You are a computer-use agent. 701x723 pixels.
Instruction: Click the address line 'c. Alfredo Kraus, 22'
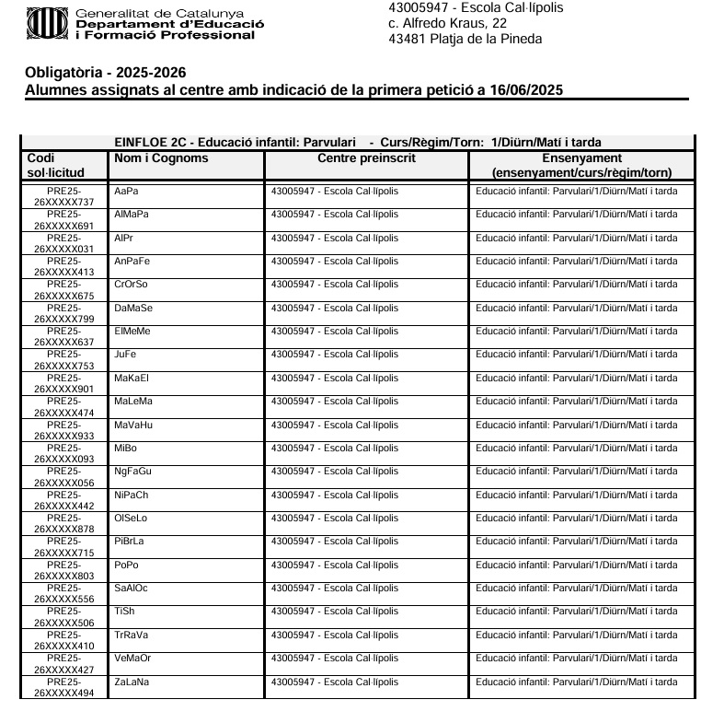click(448, 23)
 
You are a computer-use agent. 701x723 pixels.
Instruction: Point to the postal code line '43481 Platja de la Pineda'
click(465, 39)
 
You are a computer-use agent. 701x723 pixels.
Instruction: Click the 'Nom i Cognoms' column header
click(161, 158)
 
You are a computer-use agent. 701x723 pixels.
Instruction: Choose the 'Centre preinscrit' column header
click(366, 158)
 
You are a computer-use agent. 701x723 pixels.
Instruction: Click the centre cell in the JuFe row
click(335, 355)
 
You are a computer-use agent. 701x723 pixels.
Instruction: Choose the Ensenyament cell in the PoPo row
click(577, 566)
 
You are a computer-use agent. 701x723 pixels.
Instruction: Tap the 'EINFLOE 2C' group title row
click(357, 143)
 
